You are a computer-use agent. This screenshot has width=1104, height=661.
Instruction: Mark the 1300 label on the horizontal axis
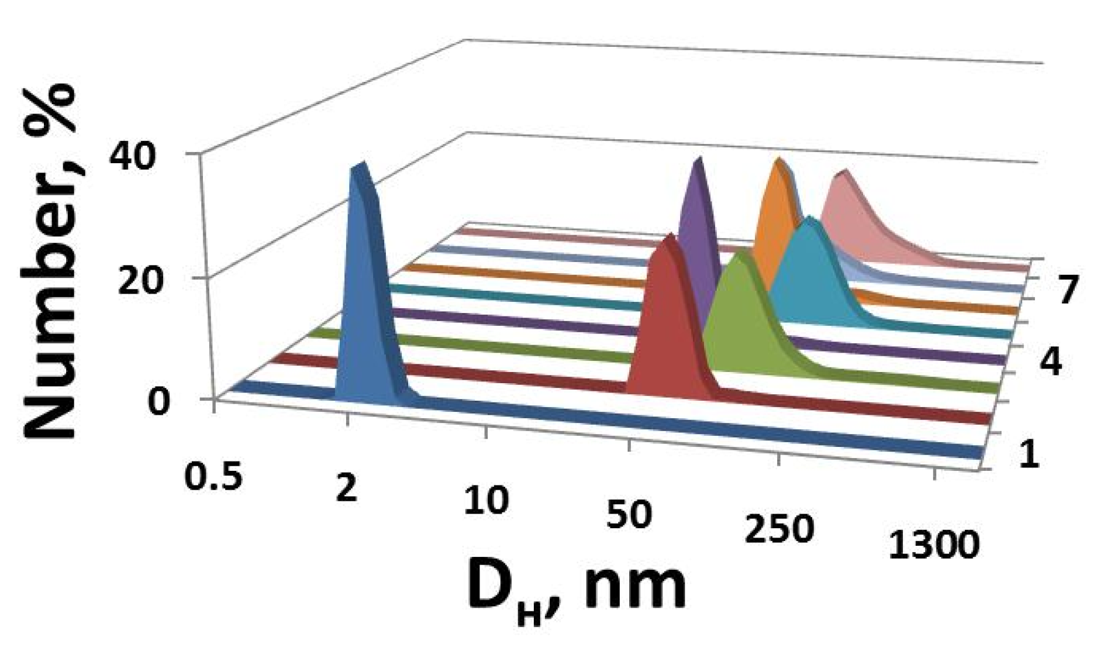point(933,545)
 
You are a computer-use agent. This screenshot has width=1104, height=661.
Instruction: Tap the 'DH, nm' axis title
point(576,588)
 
